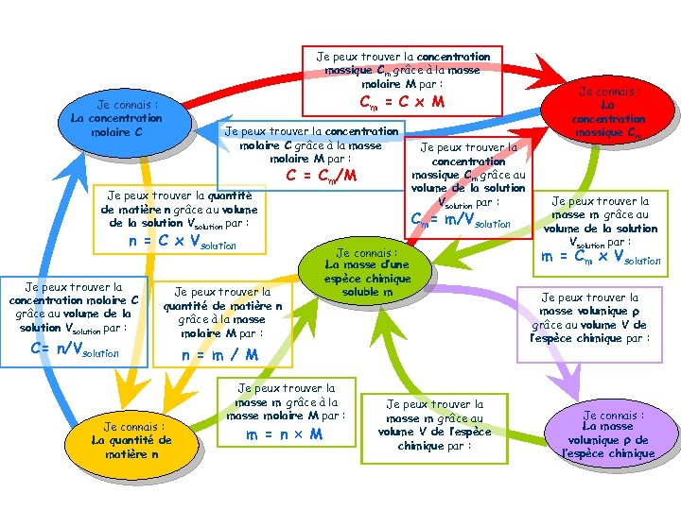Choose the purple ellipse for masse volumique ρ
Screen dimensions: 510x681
point(614,434)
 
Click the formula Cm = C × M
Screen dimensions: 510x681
point(401,102)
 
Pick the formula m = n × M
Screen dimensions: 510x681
point(285,434)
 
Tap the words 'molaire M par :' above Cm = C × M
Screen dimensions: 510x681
point(401,83)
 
